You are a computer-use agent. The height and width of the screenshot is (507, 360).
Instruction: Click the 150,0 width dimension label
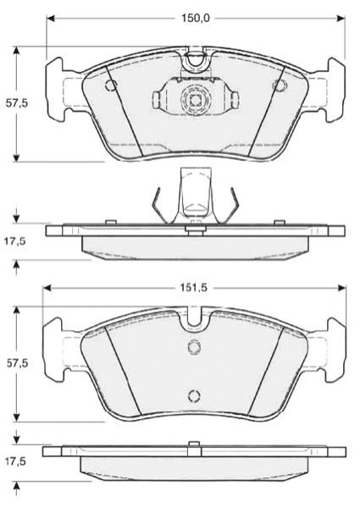195,19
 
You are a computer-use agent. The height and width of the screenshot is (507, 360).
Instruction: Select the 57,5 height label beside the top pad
17,104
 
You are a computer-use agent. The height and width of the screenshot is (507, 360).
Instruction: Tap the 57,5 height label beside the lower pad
17,363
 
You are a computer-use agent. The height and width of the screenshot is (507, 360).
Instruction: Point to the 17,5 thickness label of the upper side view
14,241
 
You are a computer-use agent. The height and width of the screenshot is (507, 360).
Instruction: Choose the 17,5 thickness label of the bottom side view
14,462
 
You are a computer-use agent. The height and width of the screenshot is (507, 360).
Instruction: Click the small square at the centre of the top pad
195,100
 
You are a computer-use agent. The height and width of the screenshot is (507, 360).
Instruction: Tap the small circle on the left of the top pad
111,85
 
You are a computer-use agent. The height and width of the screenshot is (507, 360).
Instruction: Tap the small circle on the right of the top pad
280,85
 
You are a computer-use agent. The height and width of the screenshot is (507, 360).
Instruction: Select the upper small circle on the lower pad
194,347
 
